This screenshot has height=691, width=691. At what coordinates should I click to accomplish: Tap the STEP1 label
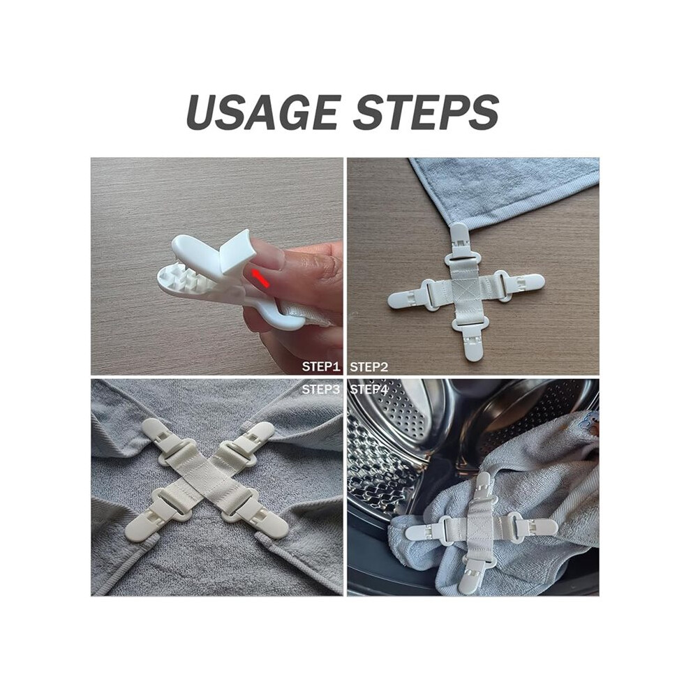coord(321,366)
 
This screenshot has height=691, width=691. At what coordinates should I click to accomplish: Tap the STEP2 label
coord(369,366)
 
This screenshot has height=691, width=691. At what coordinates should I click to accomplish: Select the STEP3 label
coord(321,389)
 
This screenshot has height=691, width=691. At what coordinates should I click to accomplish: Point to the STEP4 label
coord(369,389)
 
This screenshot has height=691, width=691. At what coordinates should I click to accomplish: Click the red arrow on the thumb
coord(260,279)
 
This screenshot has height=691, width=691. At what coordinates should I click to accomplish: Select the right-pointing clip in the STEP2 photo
coord(520,282)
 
